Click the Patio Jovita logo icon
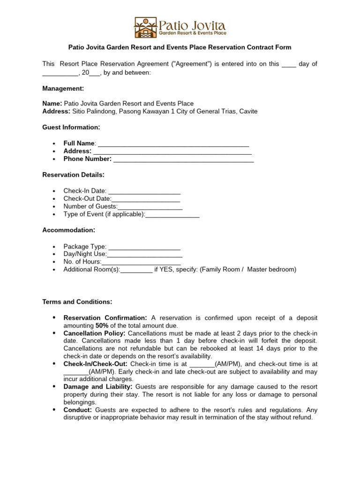coord(145,28)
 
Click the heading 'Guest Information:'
coord(71,127)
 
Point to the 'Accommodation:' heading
coord(69,230)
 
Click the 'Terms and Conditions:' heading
coord(77,301)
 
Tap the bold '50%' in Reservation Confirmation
coord(102,325)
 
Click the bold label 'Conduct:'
coord(78,410)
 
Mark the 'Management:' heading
coord(63,89)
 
